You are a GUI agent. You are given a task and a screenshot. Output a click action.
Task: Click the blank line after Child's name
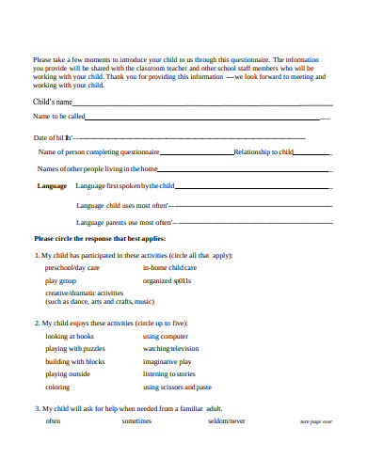click(x=202, y=103)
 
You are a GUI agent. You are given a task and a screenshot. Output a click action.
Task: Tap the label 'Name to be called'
click(x=59, y=117)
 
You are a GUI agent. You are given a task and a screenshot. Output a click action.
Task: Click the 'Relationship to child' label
click(x=263, y=150)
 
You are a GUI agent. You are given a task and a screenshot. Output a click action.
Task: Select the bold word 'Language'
click(x=52, y=185)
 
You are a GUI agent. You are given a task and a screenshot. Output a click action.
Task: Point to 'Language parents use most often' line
click(x=138, y=222)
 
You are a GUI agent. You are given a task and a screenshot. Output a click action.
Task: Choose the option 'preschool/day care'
click(x=72, y=267)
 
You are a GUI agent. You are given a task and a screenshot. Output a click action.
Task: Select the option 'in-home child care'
click(x=169, y=267)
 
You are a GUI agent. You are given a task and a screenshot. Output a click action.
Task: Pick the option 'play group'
click(x=60, y=280)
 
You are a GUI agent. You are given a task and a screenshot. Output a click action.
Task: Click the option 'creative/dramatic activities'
click(x=85, y=293)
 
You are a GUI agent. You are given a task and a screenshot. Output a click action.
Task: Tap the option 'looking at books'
click(x=70, y=336)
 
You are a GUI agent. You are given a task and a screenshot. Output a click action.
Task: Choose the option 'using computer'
click(x=166, y=336)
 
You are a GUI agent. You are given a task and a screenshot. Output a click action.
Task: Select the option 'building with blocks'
click(x=75, y=361)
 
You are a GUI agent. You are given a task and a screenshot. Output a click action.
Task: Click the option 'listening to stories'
click(x=169, y=373)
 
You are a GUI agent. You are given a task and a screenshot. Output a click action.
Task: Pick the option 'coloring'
click(x=57, y=387)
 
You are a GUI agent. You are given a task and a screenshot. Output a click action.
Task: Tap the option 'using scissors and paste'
click(x=177, y=387)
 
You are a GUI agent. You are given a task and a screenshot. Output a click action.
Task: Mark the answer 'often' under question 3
click(x=54, y=421)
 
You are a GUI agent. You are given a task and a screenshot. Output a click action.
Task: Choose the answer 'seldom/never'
click(x=227, y=421)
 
